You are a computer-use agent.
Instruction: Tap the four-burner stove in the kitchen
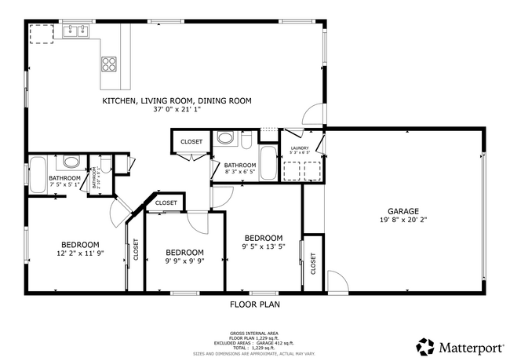(x=109, y=64)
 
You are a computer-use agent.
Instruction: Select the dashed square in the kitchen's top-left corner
(x=41, y=33)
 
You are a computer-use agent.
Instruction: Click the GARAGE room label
(x=403, y=211)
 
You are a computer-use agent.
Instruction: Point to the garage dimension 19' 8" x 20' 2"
(x=403, y=221)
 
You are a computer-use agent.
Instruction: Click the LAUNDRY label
(x=300, y=148)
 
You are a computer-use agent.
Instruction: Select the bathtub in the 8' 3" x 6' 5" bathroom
(x=268, y=162)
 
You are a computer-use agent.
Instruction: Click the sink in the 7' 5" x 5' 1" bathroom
(x=71, y=163)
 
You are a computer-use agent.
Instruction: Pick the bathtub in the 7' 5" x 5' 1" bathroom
(x=38, y=173)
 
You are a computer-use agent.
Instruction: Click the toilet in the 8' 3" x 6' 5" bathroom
(x=246, y=142)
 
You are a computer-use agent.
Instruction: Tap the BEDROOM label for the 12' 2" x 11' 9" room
(x=80, y=244)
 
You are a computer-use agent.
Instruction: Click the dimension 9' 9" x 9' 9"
(x=184, y=262)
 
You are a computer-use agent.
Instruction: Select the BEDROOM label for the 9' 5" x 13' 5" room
(x=263, y=238)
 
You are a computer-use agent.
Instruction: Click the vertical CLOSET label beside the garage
(x=313, y=264)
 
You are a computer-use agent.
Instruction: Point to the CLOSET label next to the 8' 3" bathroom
(x=191, y=142)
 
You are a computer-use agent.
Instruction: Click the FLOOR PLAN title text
(x=254, y=304)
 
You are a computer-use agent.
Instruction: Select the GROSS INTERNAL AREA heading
(x=254, y=334)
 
